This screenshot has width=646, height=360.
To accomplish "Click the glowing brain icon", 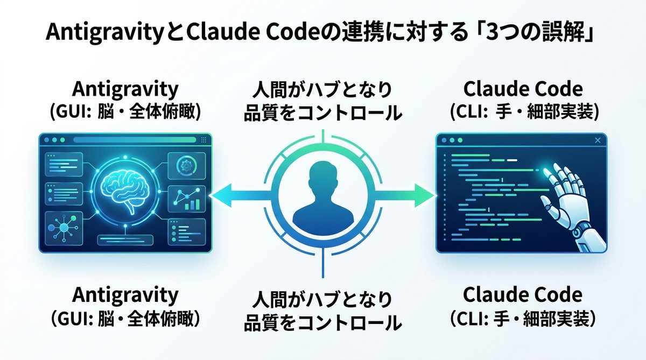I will point(124,191).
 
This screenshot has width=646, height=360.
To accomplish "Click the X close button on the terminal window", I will point(597,140).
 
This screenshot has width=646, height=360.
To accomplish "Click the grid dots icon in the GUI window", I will point(203,140).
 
